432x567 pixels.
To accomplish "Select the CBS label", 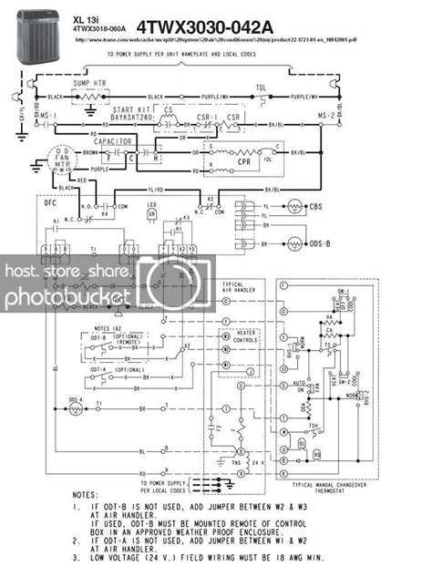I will (x=316, y=207).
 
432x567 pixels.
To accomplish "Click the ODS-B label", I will (x=321, y=245).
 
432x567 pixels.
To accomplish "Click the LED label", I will (x=152, y=203).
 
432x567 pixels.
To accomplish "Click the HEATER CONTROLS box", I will (x=238, y=337).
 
